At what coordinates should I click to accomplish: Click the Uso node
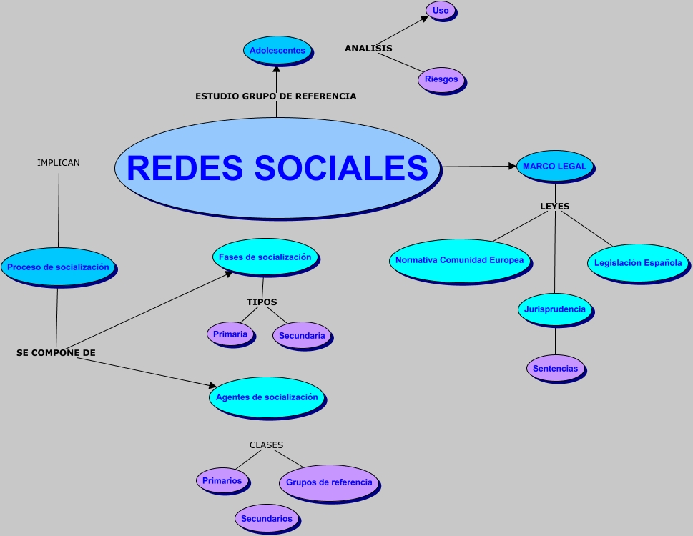[x=441, y=11]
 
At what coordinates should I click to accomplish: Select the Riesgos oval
[x=442, y=80]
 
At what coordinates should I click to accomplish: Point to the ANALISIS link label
[x=368, y=48]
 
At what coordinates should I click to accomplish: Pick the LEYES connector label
[x=555, y=207]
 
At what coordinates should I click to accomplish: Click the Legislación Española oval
[x=639, y=264]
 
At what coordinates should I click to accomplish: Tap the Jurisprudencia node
[x=556, y=310]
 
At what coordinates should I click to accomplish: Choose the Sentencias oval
[x=556, y=369]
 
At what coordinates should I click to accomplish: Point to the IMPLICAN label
[x=59, y=163]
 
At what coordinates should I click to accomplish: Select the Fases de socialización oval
[x=266, y=258]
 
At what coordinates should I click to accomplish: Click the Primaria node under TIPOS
[x=231, y=334]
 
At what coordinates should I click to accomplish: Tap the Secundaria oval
[x=303, y=337]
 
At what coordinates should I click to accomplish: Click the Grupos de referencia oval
[x=330, y=483]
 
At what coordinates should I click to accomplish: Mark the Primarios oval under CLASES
[x=223, y=481]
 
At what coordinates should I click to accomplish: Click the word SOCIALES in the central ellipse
[x=341, y=168]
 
